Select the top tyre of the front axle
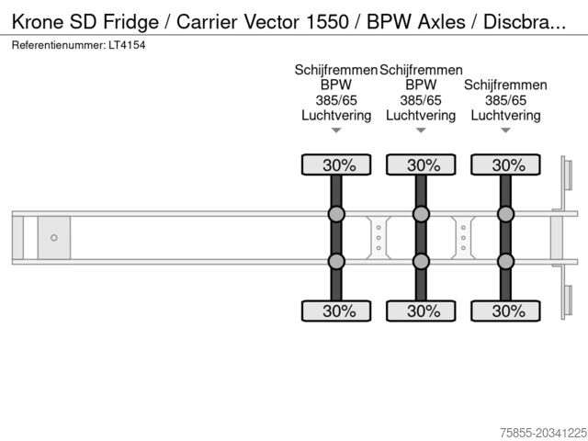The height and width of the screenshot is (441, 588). (336, 165)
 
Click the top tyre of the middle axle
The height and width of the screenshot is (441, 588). (421, 165)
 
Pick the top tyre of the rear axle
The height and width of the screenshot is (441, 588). (505, 165)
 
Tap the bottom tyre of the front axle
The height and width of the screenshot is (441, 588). (336, 311)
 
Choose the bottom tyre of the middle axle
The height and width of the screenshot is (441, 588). (421, 311)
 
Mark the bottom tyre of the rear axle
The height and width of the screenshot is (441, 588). (505, 311)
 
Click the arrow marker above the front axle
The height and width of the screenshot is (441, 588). (336, 130)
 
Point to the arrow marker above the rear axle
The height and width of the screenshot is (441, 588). (505, 130)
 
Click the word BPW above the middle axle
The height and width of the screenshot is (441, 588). (421, 85)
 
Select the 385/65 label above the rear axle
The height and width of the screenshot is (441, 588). (505, 100)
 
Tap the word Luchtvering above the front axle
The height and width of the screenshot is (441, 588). (336, 116)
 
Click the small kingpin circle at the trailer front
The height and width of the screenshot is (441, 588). (54, 238)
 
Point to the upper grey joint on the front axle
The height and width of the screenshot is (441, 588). (336, 215)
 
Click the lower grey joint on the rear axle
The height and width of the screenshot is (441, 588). (505, 261)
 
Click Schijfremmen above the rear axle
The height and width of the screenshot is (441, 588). (505, 85)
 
